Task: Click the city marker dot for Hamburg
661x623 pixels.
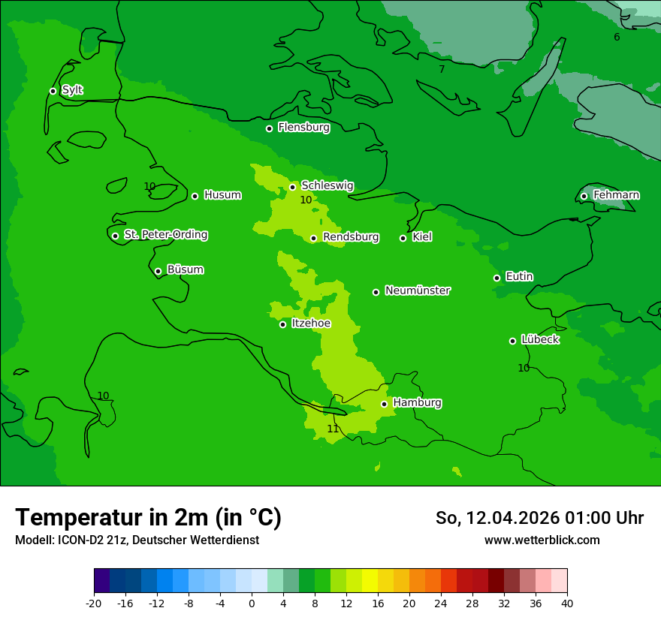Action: [x=384, y=404]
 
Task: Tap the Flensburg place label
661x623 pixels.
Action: [x=303, y=128]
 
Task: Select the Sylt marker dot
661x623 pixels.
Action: [x=53, y=91]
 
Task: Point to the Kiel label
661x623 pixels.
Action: [x=422, y=237]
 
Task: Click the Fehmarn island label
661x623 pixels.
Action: [x=616, y=195]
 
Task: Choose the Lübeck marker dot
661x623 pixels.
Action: [x=512, y=341]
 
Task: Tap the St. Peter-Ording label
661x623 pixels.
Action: [x=165, y=235]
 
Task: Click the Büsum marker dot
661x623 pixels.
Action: [x=158, y=271]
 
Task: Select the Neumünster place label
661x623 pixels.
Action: [x=418, y=290]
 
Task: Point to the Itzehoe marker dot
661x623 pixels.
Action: [x=282, y=324]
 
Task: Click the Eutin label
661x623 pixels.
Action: [x=519, y=277]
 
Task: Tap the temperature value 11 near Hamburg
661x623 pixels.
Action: [x=333, y=429]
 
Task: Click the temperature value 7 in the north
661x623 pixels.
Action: [x=442, y=70]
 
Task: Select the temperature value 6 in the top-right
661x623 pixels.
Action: [x=617, y=38]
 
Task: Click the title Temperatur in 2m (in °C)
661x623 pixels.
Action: [x=148, y=518]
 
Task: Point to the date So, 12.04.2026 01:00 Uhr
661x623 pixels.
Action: [x=539, y=518]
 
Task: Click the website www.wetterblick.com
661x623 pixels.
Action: [x=542, y=540]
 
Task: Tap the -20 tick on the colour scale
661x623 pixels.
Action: [x=94, y=603]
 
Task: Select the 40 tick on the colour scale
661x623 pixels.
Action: [x=566, y=603]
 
